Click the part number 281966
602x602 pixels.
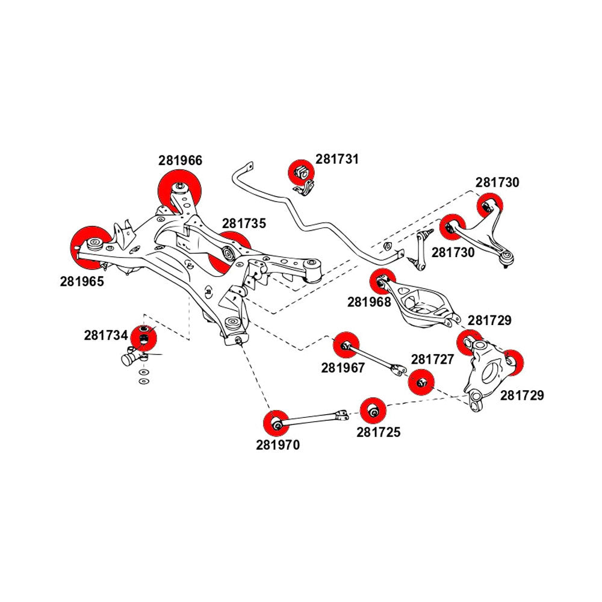point(181,161)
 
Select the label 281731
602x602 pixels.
point(337,160)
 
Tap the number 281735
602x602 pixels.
point(243,223)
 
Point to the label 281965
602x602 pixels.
point(82,281)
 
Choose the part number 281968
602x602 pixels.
point(368,302)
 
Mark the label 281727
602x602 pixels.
point(432,359)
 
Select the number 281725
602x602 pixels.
point(378,432)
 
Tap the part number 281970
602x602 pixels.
point(278,445)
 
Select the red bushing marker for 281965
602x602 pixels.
point(90,246)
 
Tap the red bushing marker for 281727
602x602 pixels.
point(421,382)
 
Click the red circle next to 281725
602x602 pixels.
point(373,411)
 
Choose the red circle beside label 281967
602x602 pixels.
point(346,344)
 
